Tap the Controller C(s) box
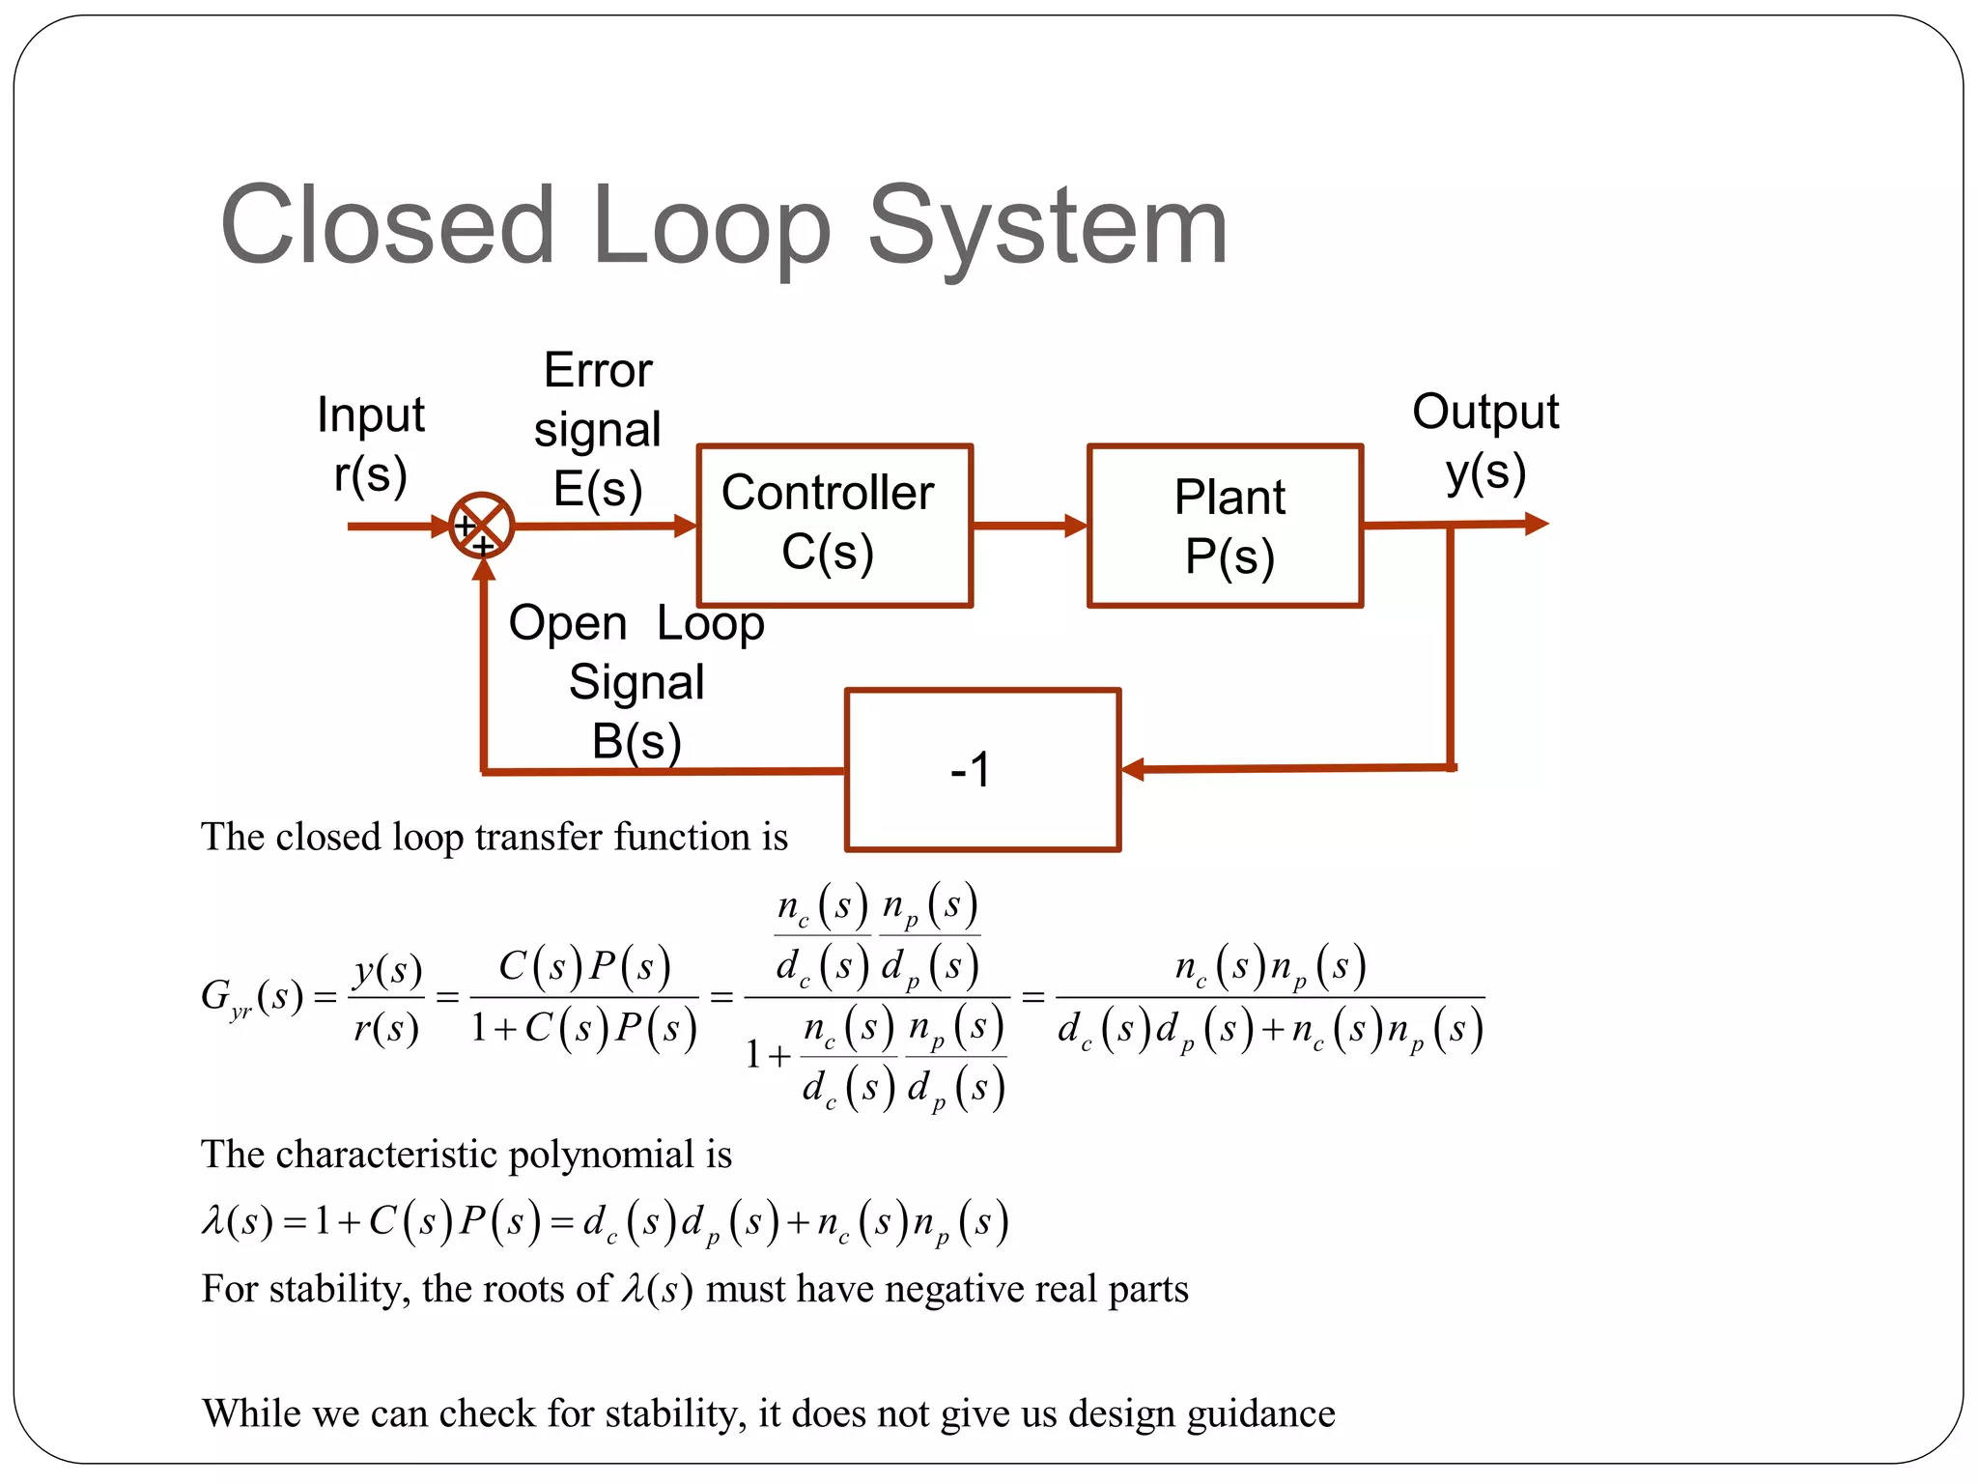tap(834, 526)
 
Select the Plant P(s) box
tap(1225, 526)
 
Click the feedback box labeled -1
tap(982, 770)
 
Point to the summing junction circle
tap(481, 526)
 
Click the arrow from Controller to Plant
tap(1030, 526)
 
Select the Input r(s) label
tap(371, 444)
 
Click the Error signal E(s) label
tap(598, 429)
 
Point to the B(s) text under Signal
tap(636, 742)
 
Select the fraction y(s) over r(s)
tap(387, 997)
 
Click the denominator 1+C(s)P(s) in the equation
tap(583, 1028)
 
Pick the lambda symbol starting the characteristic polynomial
tap(213, 1222)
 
